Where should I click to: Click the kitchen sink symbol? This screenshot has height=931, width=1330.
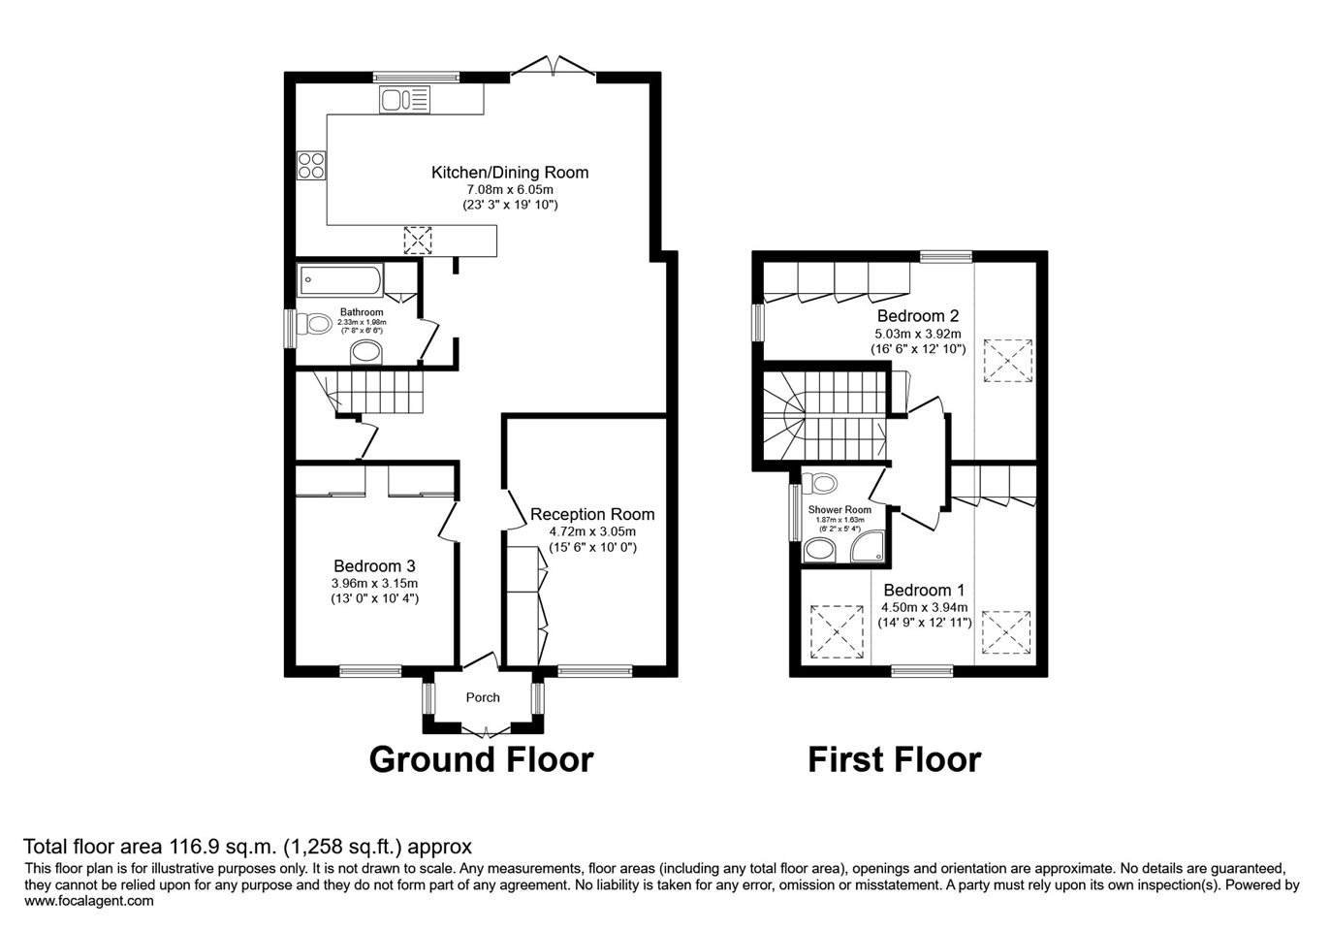click(x=404, y=99)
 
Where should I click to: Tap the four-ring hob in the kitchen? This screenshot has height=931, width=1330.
click(x=311, y=165)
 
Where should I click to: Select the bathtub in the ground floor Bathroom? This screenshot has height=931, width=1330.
click(x=340, y=280)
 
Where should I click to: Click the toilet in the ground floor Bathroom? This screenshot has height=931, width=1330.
click(x=314, y=324)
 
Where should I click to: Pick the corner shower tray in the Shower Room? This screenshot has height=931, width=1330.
click(x=867, y=546)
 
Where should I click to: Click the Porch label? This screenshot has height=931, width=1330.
click(x=483, y=697)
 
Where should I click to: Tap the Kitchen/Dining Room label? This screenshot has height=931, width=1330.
click(x=510, y=173)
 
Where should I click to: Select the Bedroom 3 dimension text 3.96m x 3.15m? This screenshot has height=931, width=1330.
click(x=374, y=584)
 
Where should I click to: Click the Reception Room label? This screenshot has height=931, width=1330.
click(x=592, y=514)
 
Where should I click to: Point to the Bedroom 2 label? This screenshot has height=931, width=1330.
click(x=917, y=315)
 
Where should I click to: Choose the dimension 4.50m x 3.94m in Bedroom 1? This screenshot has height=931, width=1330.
click(x=924, y=607)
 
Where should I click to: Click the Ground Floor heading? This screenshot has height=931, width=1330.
click(x=481, y=759)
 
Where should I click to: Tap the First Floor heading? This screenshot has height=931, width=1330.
click(x=894, y=759)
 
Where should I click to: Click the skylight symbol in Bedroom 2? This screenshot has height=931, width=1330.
click(x=1007, y=361)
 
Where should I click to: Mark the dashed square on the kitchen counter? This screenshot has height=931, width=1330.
click(x=418, y=241)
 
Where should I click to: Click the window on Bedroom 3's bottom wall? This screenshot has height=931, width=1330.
click(x=370, y=671)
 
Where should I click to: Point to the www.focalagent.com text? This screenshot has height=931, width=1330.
click(x=89, y=901)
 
